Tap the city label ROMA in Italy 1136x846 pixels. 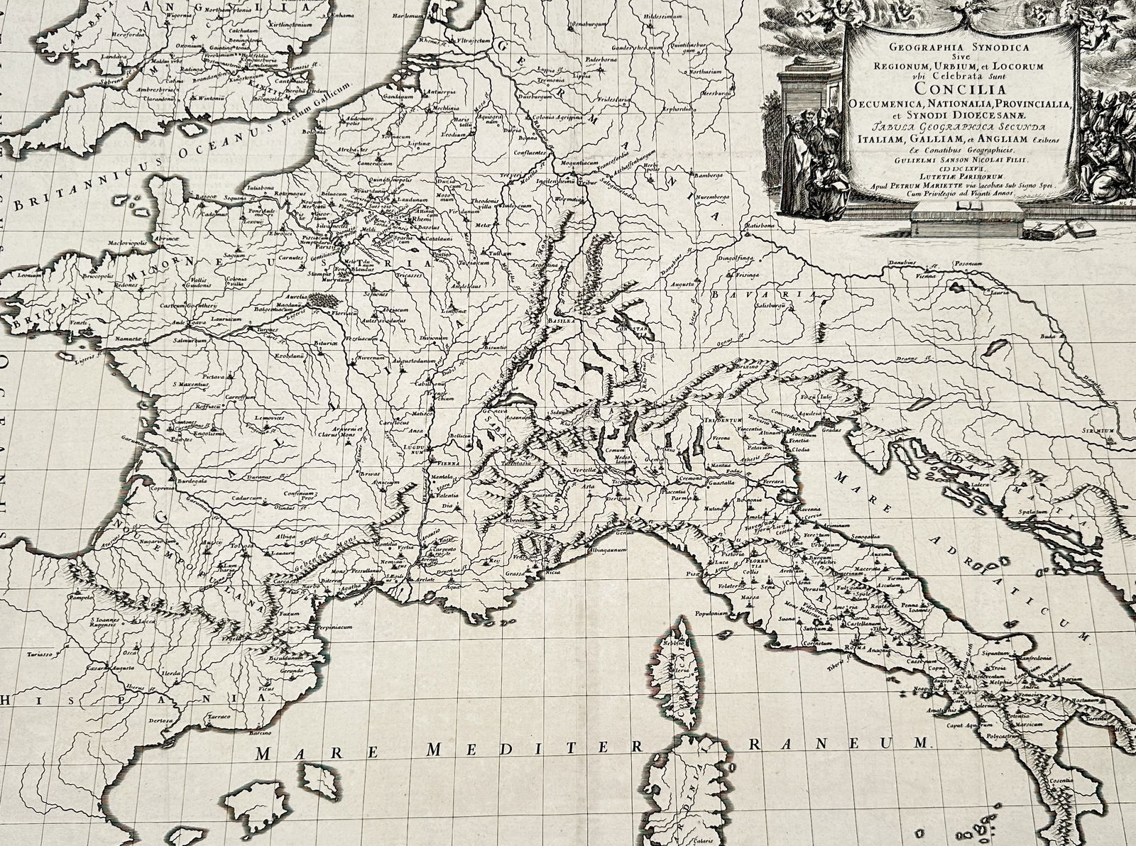[851, 648]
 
